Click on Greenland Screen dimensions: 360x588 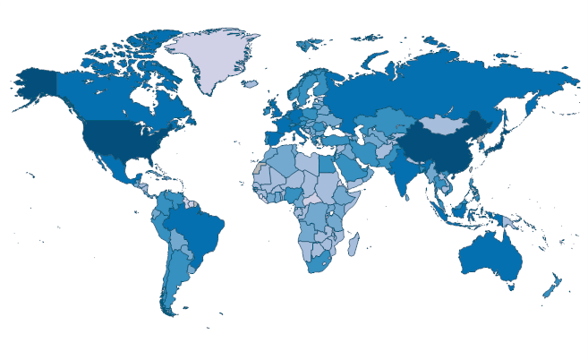pyautogui.click(x=209, y=58)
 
